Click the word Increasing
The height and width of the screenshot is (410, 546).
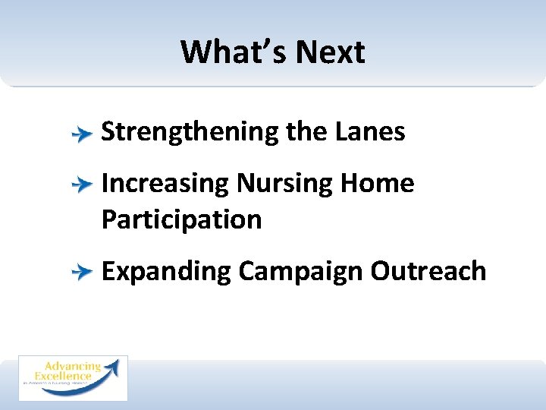[165, 184]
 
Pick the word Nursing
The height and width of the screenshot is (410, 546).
[284, 184]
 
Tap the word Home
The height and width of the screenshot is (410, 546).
[377, 183]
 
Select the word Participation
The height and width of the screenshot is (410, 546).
[181, 220]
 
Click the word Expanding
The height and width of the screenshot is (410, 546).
[166, 272]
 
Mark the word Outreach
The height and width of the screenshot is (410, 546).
[428, 271]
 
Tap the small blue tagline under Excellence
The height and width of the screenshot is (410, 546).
[64, 384]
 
